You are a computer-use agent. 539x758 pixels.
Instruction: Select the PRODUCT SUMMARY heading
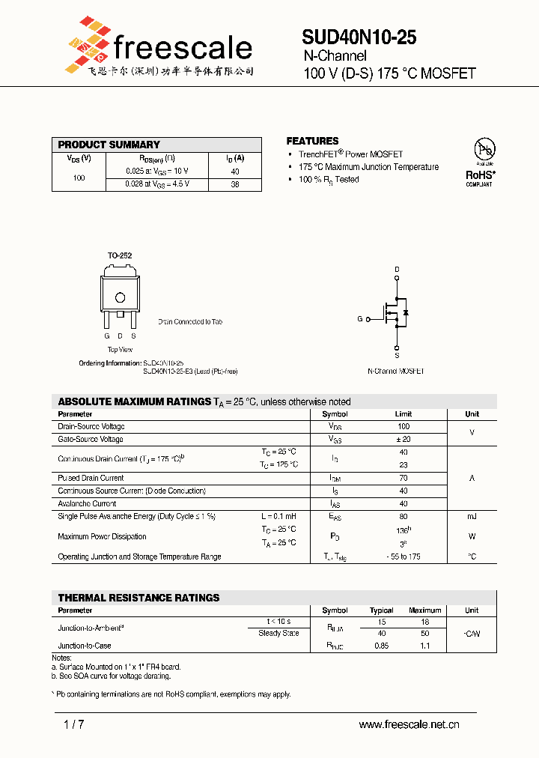(109, 145)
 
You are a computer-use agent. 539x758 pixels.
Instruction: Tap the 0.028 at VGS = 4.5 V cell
(157, 184)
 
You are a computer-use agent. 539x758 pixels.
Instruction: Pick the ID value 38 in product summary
(234, 184)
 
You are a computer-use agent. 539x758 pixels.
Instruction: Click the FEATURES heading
(312, 141)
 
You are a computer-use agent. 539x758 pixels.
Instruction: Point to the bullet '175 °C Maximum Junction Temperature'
(368, 167)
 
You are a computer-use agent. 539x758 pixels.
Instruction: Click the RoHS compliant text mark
(481, 175)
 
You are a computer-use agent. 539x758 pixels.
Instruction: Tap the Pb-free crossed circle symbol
(484, 150)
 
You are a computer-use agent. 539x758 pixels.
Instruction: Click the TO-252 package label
(119, 255)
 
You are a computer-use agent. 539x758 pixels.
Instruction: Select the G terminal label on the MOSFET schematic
(359, 319)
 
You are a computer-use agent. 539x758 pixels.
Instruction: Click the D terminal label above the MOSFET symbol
(397, 269)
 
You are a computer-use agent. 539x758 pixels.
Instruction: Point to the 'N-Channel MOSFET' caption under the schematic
(396, 372)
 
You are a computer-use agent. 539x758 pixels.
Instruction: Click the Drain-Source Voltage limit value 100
(404, 426)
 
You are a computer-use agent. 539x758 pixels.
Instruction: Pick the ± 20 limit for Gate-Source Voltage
(404, 439)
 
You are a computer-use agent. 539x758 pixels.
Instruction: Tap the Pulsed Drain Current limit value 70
(404, 478)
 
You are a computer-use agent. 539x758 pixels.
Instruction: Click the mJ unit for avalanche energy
(472, 517)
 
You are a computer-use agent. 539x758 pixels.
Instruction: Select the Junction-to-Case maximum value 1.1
(425, 645)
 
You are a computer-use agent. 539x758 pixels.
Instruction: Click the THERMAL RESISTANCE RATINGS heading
(138, 598)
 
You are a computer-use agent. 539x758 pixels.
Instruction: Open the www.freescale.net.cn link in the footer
(409, 724)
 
